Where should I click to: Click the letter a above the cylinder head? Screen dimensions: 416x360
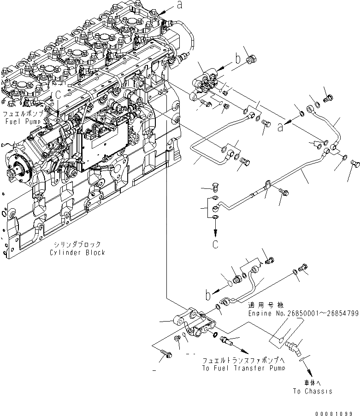[179, 6]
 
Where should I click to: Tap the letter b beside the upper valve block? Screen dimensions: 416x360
[238, 59]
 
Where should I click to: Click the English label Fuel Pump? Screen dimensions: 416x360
[23, 122]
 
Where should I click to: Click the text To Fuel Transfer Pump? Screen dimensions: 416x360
[242, 368]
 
